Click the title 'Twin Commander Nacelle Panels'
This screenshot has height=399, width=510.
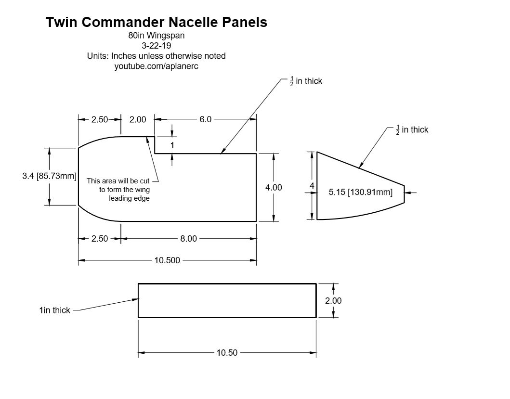coord(157,22)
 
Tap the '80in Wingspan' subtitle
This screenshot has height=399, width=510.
coord(156,36)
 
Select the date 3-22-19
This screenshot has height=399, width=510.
coord(156,46)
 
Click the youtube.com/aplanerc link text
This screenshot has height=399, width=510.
coord(156,66)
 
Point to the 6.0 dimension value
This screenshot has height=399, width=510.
coord(206,119)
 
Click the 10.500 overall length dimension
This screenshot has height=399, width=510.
coord(167,260)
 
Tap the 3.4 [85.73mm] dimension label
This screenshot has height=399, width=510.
coord(49,176)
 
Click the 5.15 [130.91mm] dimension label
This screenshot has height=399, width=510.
coord(360,193)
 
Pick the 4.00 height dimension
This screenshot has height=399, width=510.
coord(274,188)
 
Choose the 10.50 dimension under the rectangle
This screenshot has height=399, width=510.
coord(227,353)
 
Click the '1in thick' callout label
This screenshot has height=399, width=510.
coord(54,310)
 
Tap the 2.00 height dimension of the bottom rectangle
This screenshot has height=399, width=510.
coord(333,301)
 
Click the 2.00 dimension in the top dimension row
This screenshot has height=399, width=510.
coord(138,119)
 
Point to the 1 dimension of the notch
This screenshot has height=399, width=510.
coord(172,145)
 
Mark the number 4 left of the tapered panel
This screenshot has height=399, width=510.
coord(312,186)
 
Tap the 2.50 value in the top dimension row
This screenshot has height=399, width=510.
coord(100,119)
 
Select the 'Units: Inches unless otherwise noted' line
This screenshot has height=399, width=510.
coord(156,56)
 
